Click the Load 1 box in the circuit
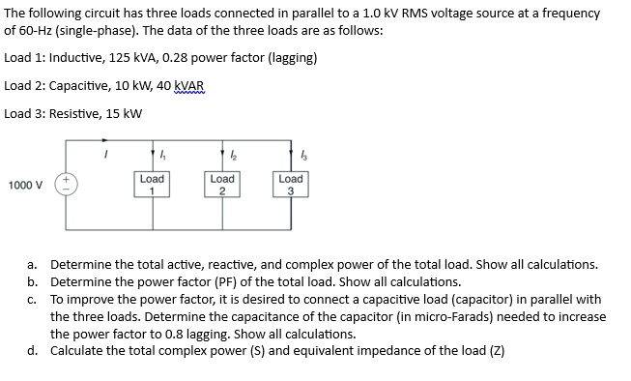152,185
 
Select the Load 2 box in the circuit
221,185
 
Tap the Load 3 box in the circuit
291,185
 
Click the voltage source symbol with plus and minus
68,185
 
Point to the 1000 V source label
25,185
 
